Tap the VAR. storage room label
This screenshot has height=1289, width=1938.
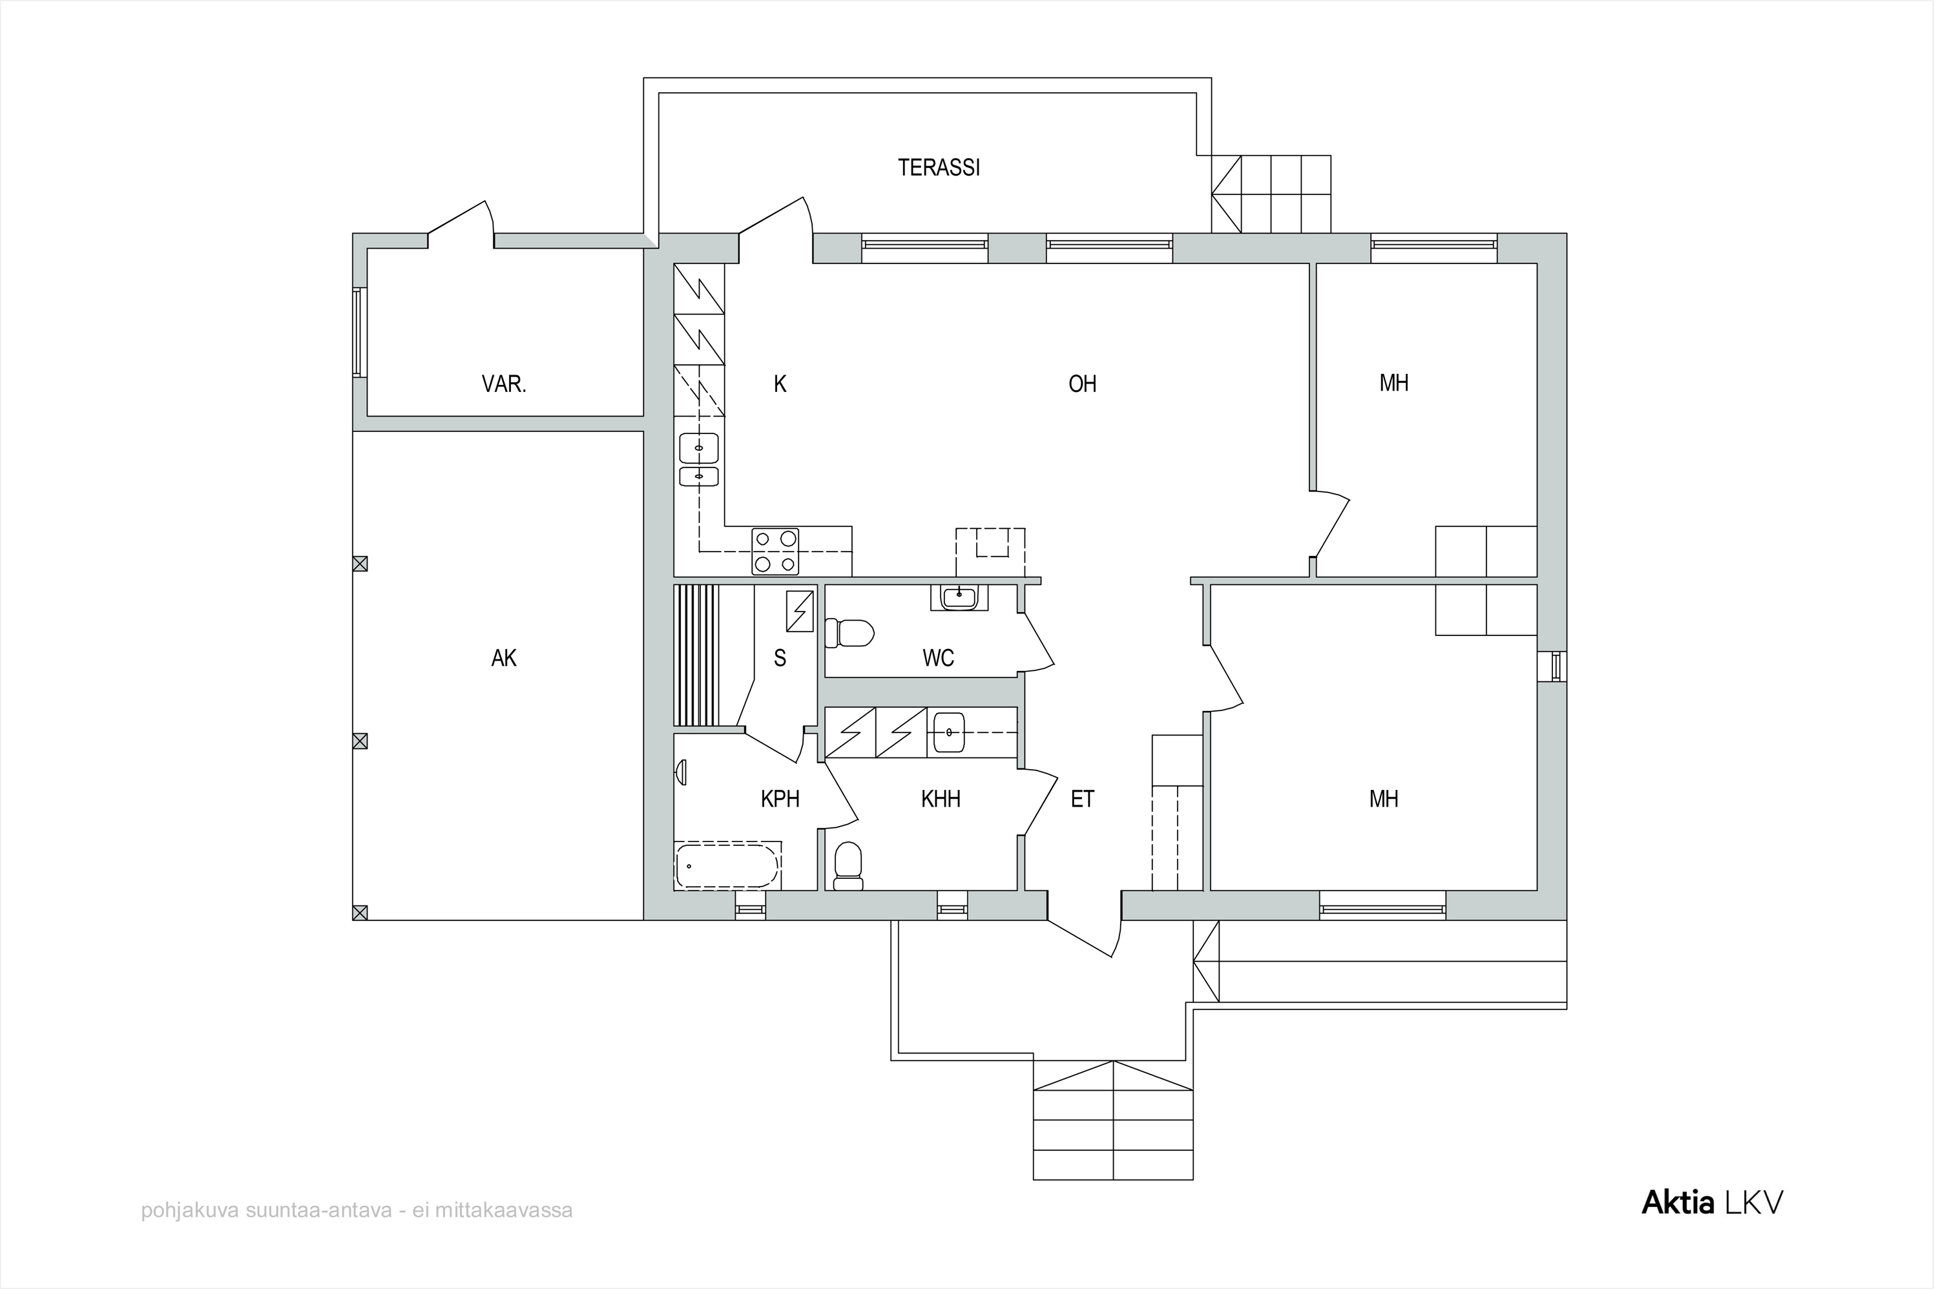(503, 384)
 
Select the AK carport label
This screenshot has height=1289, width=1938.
(503, 657)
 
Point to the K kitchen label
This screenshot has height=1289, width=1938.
(780, 384)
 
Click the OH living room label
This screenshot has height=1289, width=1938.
(1082, 384)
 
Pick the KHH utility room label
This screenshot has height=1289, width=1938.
(941, 798)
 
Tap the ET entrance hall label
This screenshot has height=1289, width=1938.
(1082, 798)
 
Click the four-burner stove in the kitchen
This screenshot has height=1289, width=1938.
(775, 551)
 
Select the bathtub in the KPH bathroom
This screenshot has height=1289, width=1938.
(727, 865)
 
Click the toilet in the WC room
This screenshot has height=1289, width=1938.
(849, 633)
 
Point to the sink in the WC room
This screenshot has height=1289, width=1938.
(959, 596)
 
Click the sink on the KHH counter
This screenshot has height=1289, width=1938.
(950, 731)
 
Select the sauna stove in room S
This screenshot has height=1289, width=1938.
(800, 612)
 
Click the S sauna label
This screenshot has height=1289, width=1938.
(780, 657)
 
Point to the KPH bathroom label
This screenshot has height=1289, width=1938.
(780, 798)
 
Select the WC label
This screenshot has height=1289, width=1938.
(938, 657)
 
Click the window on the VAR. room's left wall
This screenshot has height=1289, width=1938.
(359, 332)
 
